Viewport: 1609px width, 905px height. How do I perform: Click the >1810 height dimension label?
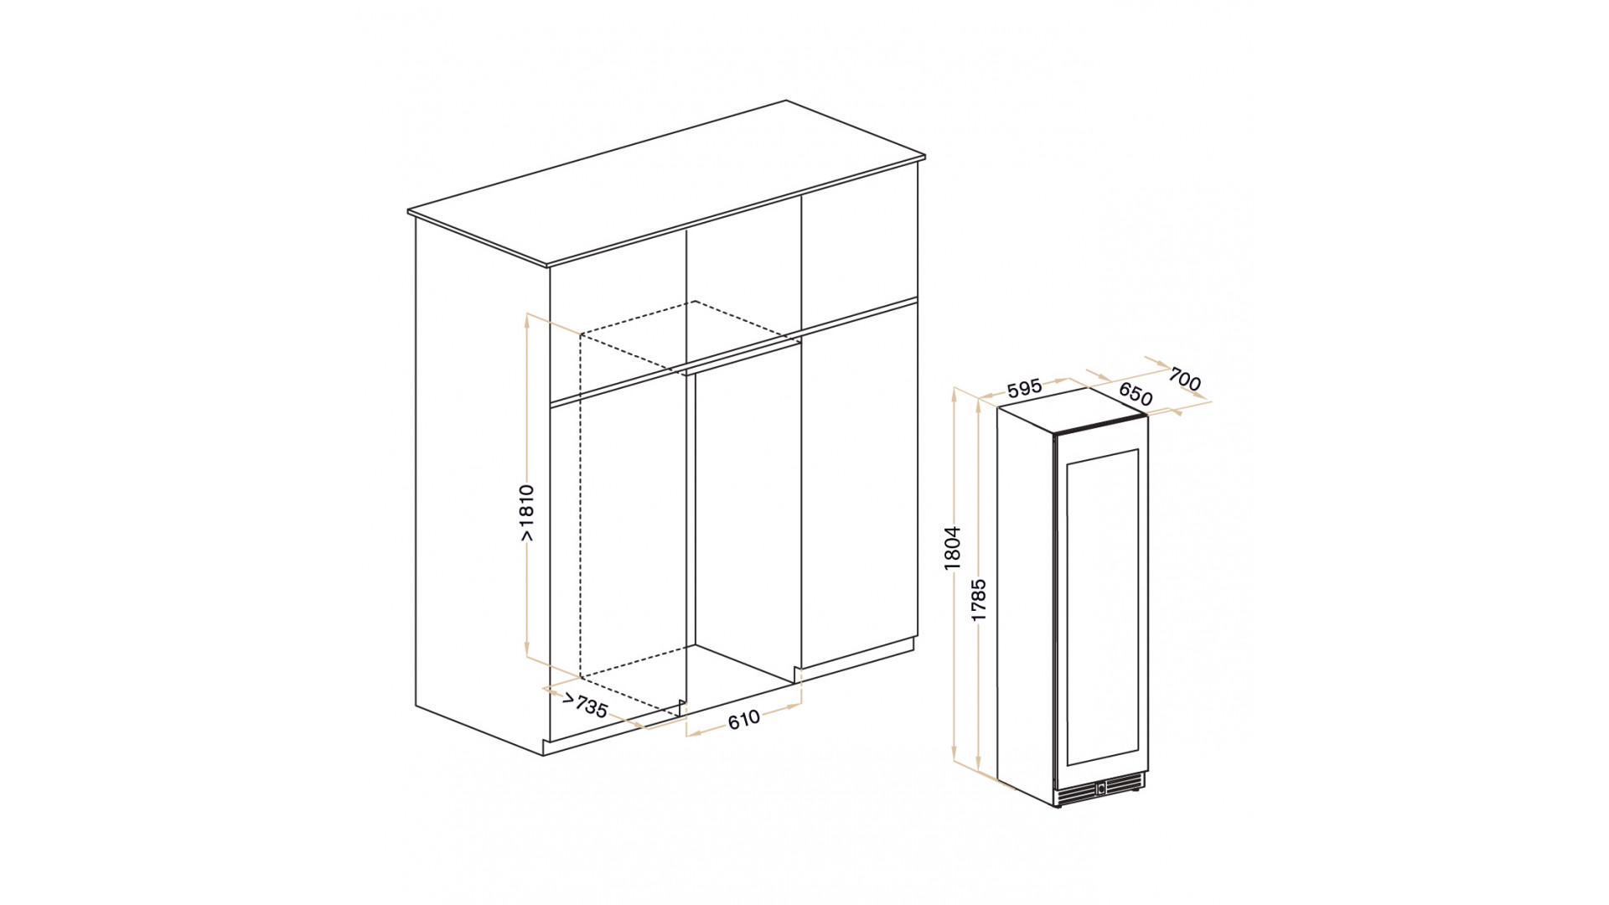tap(526, 512)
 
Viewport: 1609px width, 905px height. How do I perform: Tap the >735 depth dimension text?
tap(585, 705)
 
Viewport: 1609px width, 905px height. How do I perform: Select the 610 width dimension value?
tap(744, 719)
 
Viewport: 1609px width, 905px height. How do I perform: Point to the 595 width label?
tap(1024, 388)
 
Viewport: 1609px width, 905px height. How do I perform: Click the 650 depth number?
tap(1136, 394)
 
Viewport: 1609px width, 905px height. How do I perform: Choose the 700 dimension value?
tap(1185, 379)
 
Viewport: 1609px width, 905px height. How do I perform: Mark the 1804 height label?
tap(952, 549)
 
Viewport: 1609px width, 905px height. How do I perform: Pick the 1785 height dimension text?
tap(979, 600)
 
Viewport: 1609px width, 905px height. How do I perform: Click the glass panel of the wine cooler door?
tap(1102, 607)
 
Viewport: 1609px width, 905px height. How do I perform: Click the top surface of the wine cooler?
tap(1072, 410)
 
